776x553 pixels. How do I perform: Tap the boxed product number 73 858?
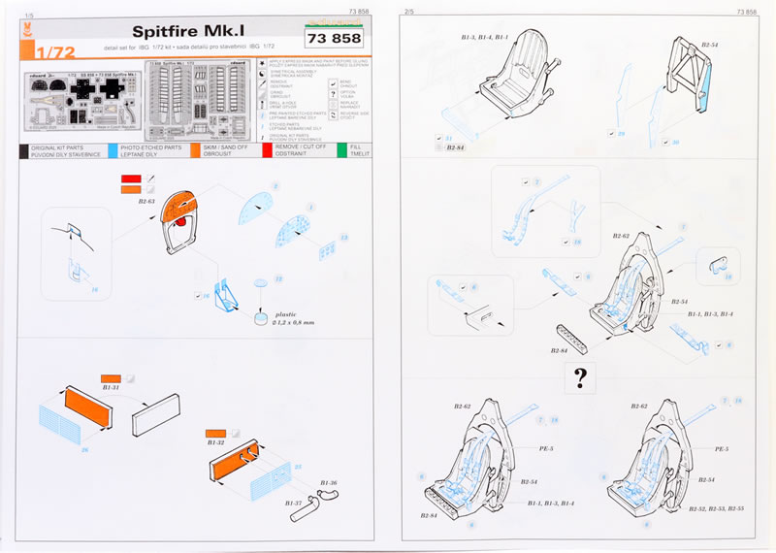(333, 39)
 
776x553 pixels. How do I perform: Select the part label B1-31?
(111, 387)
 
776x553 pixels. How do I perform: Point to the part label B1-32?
(216, 442)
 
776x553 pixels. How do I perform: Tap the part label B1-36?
(327, 482)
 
